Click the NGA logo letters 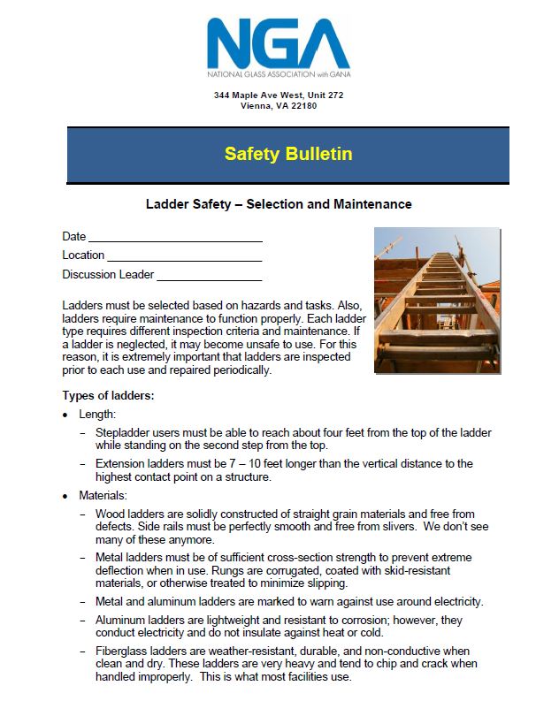pyautogui.click(x=278, y=40)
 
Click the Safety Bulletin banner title pyautogui.click(x=288, y=154)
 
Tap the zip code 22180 pyautogui.click(x=301, y=106)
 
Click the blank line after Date pyautogui.click(x=175, y=238)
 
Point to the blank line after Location pyautogui.click(x=184, y=256)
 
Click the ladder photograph pyautogui.click(x=437, y=301)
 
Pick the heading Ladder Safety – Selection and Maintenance pyautogui.click(x=279, y=204)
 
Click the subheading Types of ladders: pyautogui.click(x=108, y=395)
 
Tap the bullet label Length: pyautogui.click(x=97, y=414)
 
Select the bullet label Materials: pyautogui.click(x=103, y=495)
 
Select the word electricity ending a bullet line pyautogui.click(x=456, y=602)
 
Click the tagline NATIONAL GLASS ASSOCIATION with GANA pyautogui.click(x=279, y=73)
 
